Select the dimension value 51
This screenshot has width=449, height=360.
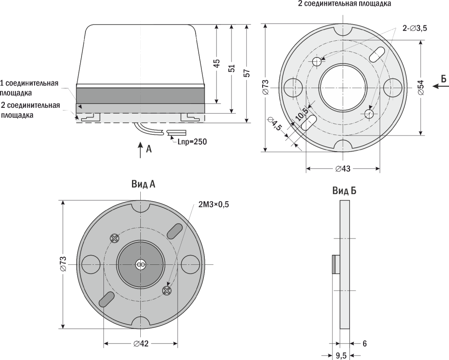click(232, 68)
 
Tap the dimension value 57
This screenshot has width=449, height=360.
click(246, 73)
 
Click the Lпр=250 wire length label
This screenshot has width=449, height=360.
click(191, 142)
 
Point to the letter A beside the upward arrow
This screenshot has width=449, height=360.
click(149, 150)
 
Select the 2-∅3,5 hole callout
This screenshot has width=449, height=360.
click(415, 29)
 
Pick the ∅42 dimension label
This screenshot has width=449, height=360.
click(140, 343)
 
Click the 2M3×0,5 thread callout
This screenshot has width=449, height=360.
click(214, 204)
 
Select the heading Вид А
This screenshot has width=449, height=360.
click(143, 185)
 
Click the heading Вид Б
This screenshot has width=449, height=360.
click(344, 191)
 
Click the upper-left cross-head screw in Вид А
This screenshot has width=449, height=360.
click(115, 238)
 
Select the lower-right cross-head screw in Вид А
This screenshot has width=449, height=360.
click(166, 290)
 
